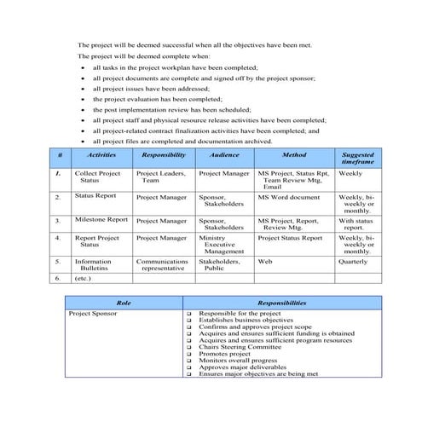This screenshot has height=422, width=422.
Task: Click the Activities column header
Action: click(x=101, y=156)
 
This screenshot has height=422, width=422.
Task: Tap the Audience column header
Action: click(x=224, y=156)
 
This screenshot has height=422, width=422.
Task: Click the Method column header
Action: click(x=293, y=156)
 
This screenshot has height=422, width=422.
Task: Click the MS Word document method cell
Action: click(x=289, y=196)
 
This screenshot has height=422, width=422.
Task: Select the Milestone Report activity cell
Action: click(x=101, y=219)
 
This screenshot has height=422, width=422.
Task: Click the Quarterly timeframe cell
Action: click(x=353, y=261)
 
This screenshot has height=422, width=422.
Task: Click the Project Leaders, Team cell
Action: click(x=160, y=176)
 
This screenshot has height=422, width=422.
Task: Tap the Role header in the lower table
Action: click(x=123, y=303)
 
